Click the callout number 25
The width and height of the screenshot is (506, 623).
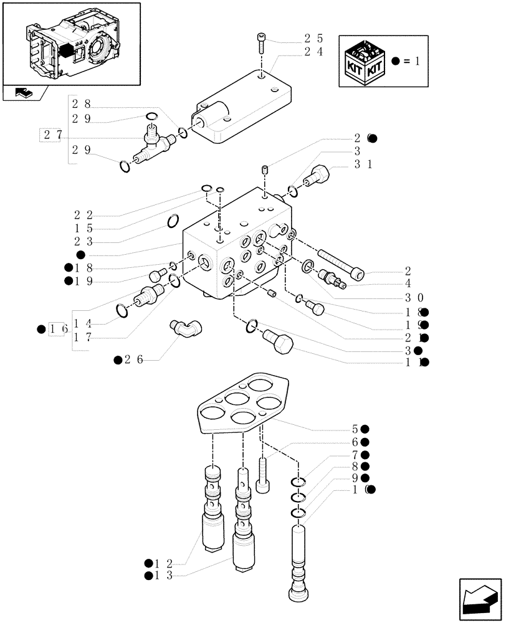[x=313, y=39]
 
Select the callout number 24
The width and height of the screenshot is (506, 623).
[x=313, y=52]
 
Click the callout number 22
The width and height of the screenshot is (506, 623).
[x=84, y=215]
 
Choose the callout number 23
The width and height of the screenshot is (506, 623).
[x=84, y=242]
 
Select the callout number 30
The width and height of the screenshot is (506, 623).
[x=414, y=297]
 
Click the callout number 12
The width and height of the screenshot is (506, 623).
[x=164, y=562]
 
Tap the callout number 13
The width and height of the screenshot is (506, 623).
[x=164, y=575]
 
